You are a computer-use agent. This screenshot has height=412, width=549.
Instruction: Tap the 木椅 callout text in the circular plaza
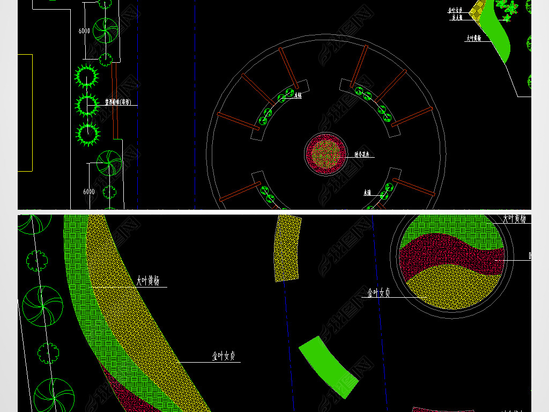point(299,95)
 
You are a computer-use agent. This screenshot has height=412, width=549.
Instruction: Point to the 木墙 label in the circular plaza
point(367,192)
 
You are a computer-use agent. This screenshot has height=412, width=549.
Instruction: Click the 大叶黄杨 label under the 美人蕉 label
point(473,38)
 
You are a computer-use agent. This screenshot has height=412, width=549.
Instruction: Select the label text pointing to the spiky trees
point(121,101)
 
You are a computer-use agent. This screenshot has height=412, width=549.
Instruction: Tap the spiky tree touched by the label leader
point(87,105)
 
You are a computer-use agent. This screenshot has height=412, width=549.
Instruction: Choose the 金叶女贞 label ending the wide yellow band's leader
point(224,356)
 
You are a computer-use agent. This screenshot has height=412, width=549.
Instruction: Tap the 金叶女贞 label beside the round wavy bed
point(379,292)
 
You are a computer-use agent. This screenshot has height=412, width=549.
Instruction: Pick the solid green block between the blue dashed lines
point(329,367)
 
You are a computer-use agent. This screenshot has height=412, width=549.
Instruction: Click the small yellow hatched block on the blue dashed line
point(287,248)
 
